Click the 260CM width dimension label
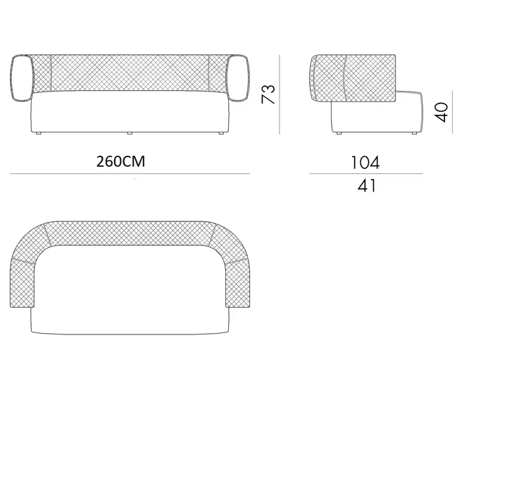[x=120, y=161]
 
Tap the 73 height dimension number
[x=268, y=94]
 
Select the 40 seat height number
[x=442, y=112]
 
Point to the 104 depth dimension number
[x=365, y=163]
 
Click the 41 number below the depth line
[x=367, y=186]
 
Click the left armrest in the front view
[x=22, y=78]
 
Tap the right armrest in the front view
[x=238, y=78]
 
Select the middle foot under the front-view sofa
[x=130, y=133]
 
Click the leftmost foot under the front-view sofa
[x=39, y=133]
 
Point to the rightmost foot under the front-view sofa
[x=222, y=133]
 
